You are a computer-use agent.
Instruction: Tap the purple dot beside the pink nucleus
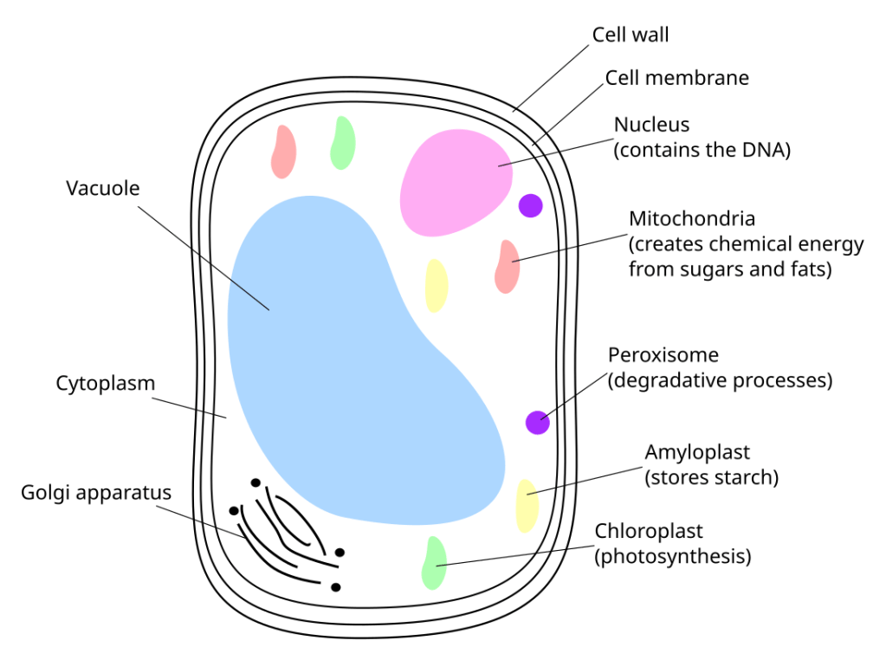(530, 205)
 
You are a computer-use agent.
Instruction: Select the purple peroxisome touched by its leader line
(538, 422)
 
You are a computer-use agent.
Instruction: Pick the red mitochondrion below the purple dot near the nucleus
(507, 266)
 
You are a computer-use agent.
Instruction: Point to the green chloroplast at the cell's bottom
(434, 563)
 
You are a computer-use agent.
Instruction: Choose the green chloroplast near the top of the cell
(343, 142)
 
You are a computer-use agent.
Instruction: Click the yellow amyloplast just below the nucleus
(437, 285)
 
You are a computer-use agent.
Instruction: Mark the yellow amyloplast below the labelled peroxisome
(527, 505)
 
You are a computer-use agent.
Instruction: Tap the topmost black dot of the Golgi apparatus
(255, 482)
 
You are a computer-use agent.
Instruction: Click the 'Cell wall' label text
(630, 35)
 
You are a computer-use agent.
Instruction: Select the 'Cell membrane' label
(676, 78)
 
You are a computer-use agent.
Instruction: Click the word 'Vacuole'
(102, 188)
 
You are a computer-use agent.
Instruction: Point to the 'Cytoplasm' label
(105, 383)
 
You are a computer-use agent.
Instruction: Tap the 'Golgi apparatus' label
(96, 493)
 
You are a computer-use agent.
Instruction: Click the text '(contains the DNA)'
(702, 149)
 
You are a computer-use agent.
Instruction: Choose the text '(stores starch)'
(712, 477)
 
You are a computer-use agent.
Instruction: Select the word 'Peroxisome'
(663, 355)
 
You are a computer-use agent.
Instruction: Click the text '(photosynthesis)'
(672, 556)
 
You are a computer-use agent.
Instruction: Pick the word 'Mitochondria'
(692, 219)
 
